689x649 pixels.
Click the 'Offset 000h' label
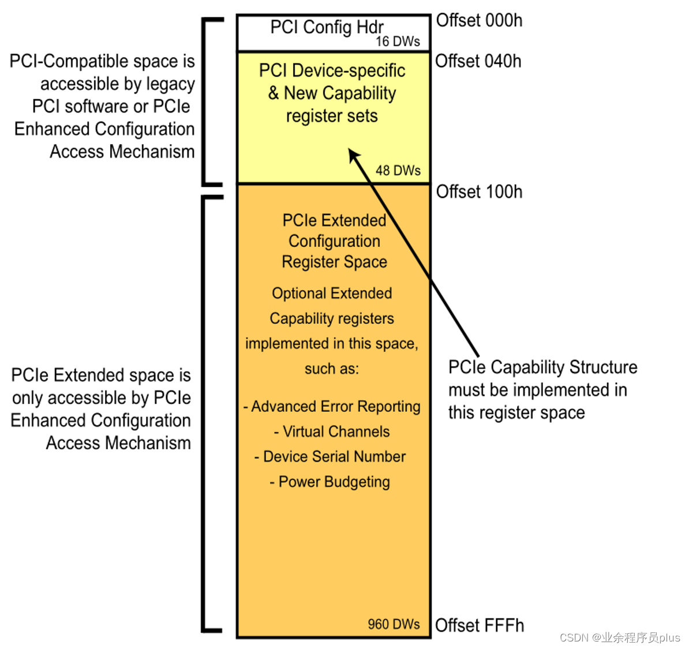click(x=479, y=21)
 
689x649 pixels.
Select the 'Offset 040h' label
click(x=478, y=61)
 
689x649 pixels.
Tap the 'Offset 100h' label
click(x=479, y=192)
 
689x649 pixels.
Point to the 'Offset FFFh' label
click(x=480, y=625)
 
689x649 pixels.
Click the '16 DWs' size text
click(x=398, y=42)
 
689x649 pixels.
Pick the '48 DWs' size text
click(x=398, y=171)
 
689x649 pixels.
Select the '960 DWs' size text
click(x=394, y=624)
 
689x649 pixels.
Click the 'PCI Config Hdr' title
click(x=327, y=27)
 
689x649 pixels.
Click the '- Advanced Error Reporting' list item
click(x=332, y=407)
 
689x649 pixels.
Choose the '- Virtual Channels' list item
click(x=332, y=432)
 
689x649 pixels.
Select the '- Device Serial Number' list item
click(x=330, y=457)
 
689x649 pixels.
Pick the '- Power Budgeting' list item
click(x=330, y=482)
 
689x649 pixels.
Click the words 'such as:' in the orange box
click(x=332, y=369)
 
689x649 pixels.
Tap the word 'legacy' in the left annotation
click(x=170, y=84)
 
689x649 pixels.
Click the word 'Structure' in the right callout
click(x=602, y=367)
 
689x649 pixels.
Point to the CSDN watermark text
click(x=620, y=637)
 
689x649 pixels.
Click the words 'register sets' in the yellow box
click(x=332, y=116)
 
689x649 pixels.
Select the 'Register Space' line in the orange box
click(x=334, y=262)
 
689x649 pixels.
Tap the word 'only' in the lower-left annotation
click(x=27, y=398)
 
